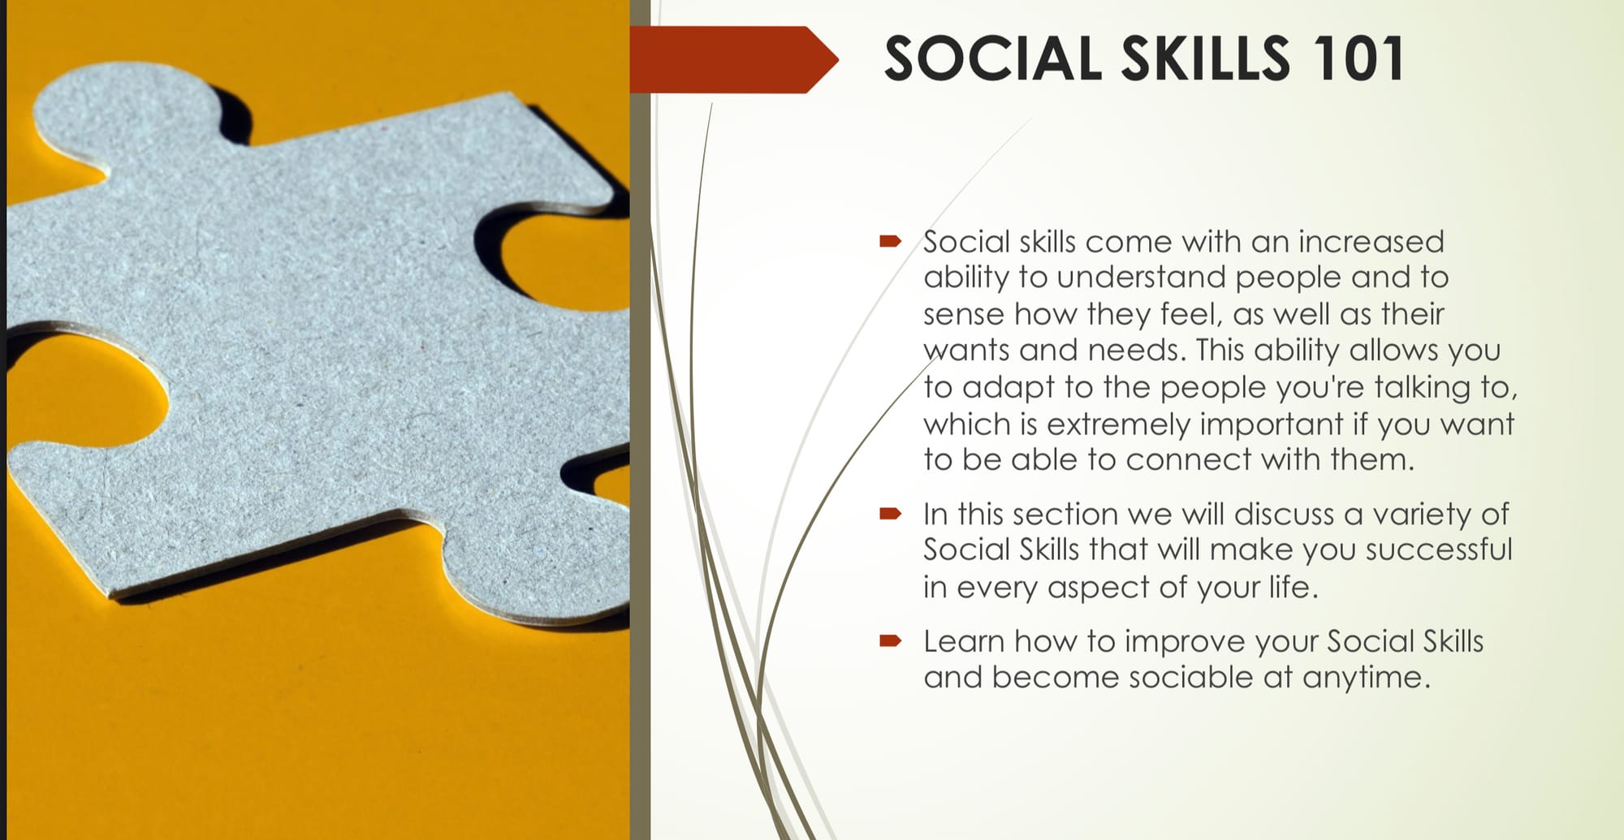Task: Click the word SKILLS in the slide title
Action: point(1206,58)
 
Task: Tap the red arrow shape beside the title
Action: point(733,59)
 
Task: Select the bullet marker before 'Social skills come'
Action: point(890,240)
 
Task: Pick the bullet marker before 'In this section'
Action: point(890,513)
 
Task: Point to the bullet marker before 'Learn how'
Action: point(890,640)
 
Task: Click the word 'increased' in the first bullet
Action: point(1371,241)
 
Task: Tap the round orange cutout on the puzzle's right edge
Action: point(560,260)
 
